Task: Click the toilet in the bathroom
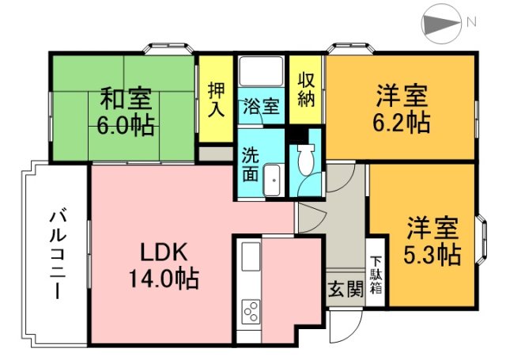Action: tap(306, 160)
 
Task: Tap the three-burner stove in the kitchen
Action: tap(251, 311)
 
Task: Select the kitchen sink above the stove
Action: tap(251, 257)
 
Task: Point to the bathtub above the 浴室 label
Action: tap(261, 72)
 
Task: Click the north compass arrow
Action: tap(441, 23)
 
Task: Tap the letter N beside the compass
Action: tap(471, 22)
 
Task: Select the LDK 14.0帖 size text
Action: tap(164, 266)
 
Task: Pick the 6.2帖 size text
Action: tap(401, 123)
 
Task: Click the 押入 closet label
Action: tap(216, 99)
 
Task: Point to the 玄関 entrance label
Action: tap(346, 290)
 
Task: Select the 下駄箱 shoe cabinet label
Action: tap(376, 275)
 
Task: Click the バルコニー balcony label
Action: tap(58, 255)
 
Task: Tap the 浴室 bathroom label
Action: tap(261, 106)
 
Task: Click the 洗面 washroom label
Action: tap(251, 164)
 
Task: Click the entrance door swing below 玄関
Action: tap(346, 326)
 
